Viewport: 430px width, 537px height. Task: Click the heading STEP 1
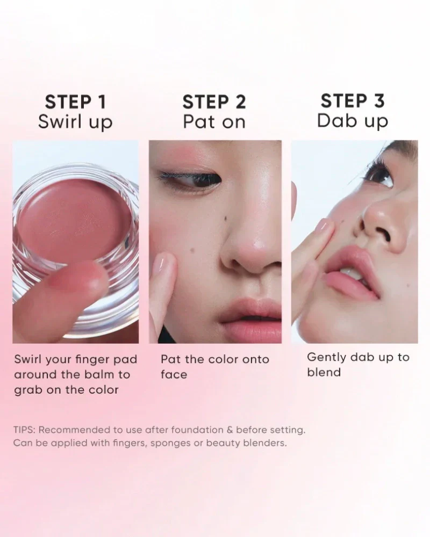(x=76, y=101)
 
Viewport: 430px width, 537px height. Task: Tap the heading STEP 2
(x=214, y=101)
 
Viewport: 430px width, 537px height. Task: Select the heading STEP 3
(x=353, y=101)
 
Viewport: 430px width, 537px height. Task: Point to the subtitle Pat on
(x=214, y=122)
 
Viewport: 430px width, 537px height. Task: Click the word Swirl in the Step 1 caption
(x=28, y=359)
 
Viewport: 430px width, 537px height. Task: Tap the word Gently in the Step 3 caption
(x=321, y=358)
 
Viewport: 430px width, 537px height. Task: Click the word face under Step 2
(x=174, y=375)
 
